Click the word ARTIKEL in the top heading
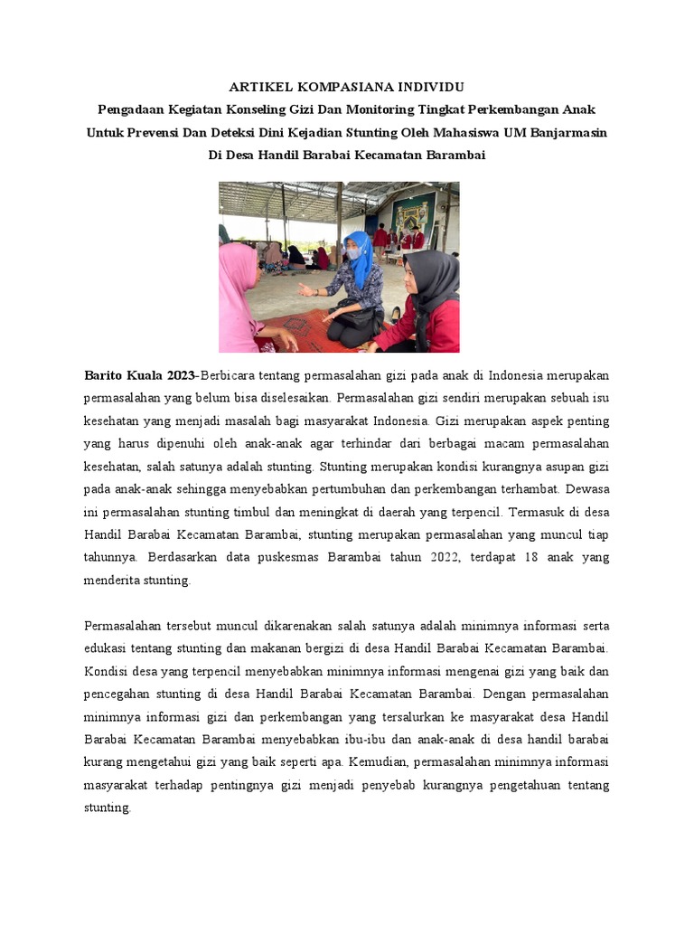click(x=258, y=87)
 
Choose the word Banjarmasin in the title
click(x=567, y=132)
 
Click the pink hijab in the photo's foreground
click(x=238, y=280)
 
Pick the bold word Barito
click(x=103, y=374)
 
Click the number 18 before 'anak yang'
click(x=531, y=557)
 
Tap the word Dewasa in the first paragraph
click(x=588, y=491)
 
